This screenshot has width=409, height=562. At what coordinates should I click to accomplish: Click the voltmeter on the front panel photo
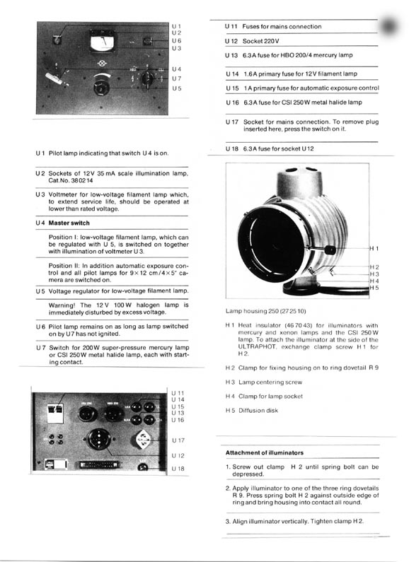coord(103,41)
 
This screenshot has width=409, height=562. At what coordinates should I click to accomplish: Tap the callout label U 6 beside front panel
coord(176,41)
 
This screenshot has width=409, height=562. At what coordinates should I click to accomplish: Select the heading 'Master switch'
coord(69,223)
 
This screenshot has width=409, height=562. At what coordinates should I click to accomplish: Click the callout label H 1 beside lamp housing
coord(374,248)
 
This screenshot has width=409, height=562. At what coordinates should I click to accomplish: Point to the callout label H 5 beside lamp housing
coord(374,288)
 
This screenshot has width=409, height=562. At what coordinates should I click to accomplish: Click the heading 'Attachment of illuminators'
coord(265,452)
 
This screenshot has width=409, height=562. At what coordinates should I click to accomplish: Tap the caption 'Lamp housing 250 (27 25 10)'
coord(266,311)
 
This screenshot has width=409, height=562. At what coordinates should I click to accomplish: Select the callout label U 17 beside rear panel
coord(178,440)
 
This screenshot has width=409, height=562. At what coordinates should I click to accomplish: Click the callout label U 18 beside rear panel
coord(178,469)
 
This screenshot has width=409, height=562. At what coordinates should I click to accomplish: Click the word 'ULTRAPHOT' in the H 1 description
coord(256,347)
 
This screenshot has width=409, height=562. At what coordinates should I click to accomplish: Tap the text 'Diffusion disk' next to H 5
coord(258,411)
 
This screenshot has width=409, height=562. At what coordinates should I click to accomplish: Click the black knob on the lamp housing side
coord(329,250)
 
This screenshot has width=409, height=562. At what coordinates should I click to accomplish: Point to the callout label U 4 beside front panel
coord(176,69)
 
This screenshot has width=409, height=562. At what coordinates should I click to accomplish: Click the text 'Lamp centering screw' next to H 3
coord(270,382)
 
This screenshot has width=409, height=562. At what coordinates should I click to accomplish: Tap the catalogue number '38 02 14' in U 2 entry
coord(82,181)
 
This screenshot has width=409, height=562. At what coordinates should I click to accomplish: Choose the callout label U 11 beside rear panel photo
coord(178,393)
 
